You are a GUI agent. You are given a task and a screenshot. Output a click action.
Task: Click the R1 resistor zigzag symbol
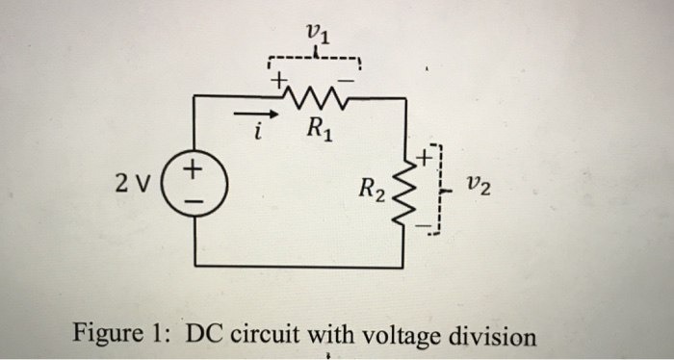tap(314, 94)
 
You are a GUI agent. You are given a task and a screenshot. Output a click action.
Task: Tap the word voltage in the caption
tap(397, 336)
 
